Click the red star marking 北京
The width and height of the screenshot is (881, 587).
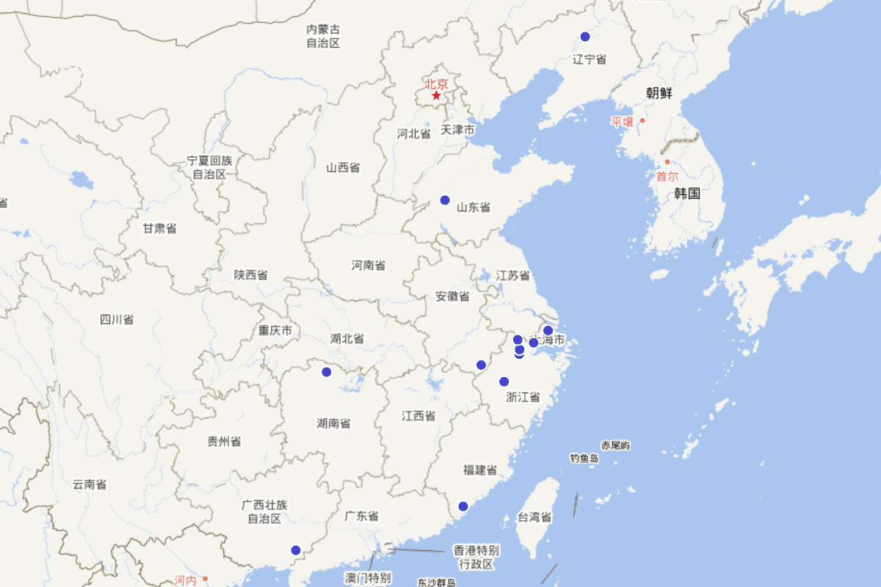436,95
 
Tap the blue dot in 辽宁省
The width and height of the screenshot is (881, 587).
585,37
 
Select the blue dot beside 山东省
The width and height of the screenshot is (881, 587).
444,200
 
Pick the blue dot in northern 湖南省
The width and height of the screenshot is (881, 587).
327,372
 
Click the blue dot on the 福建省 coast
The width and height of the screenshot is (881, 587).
463,506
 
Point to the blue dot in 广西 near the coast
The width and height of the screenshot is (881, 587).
296,550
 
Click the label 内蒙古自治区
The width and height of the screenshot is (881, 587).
324,36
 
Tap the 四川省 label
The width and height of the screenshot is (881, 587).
117,319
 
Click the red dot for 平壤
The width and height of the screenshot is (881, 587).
642,120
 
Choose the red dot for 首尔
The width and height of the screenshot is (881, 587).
667,162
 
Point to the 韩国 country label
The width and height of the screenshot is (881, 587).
687,194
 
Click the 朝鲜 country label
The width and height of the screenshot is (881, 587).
659,93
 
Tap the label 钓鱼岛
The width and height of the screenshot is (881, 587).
584,459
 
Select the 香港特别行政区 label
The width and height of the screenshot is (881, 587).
476,556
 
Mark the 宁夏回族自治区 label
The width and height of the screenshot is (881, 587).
209,167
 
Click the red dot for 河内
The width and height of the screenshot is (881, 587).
206,579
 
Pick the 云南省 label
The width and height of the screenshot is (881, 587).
89,484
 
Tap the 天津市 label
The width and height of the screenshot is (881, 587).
457,130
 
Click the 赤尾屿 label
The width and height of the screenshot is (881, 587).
615,445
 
